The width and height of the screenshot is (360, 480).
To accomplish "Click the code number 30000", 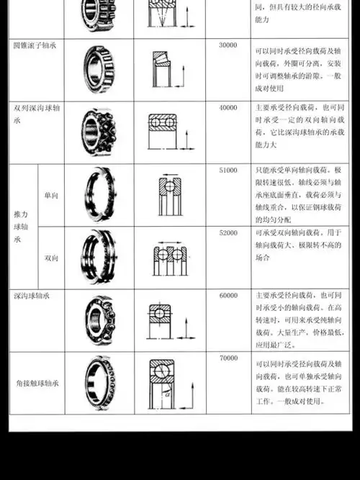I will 228,45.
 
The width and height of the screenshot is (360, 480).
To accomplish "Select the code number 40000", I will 228,107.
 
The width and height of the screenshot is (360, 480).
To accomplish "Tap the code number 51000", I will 228,170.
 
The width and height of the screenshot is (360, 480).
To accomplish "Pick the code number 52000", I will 228,233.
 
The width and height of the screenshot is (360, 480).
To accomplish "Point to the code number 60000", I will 228,295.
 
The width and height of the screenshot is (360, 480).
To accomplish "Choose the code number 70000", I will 228,358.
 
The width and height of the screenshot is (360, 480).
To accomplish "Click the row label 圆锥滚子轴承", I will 36,45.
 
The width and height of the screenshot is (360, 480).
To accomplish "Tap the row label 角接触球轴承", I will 37,383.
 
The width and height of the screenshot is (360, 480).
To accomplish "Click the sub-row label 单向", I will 51,196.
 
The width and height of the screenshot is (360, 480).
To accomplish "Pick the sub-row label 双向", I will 51,258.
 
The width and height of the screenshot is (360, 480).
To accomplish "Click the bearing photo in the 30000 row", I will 99,69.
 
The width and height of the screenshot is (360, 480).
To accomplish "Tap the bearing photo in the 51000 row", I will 99,195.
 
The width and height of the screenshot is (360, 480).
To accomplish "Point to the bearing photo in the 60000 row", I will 99,319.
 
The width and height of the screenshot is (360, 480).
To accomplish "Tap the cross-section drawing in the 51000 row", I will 170,194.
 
